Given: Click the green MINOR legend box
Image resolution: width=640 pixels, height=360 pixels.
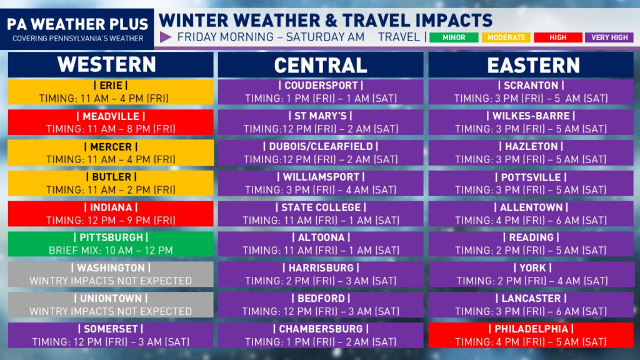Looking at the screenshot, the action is click(x=454, y=37).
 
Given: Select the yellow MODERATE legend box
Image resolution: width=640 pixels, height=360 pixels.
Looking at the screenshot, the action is click(x=506, y=37).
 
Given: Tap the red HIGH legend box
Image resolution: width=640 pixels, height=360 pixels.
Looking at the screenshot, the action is click(x=558, y=37).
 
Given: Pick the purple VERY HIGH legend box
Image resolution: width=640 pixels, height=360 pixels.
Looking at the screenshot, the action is click(x=609, y=37).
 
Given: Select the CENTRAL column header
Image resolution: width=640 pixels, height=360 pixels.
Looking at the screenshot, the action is click(x=321, y=65).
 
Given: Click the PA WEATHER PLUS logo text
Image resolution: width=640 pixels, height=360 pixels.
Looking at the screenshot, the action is click(x=77, y=24).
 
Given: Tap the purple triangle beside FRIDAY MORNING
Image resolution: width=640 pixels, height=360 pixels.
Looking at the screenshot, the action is click(x=165, y=37).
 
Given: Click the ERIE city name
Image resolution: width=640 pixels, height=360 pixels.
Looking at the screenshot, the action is click(x=111, y=85).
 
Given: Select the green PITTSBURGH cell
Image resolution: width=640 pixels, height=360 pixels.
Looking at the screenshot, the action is click(x=111, y=244).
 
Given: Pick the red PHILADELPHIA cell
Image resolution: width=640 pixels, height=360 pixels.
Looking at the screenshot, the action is click(x=531, y=335).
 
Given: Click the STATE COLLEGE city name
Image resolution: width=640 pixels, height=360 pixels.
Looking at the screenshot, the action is click(x=321, y=207).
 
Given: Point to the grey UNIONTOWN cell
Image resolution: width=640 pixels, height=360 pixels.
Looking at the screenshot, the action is click(x=111, y=304).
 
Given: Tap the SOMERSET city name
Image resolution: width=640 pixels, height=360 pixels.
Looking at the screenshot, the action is click(x=111, y=329).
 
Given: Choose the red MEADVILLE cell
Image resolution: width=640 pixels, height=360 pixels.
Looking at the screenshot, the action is click(x=111, y=122).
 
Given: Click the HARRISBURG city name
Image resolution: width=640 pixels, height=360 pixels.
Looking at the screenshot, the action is click(x=321, y=268).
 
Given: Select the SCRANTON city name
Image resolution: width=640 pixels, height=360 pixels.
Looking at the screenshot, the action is click(x=531, y=85).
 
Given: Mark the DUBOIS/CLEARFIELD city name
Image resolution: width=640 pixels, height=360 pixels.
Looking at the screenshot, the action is click(x=321, y=146).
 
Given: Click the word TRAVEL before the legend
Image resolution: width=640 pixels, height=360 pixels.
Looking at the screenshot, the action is click(x=399, y=37).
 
